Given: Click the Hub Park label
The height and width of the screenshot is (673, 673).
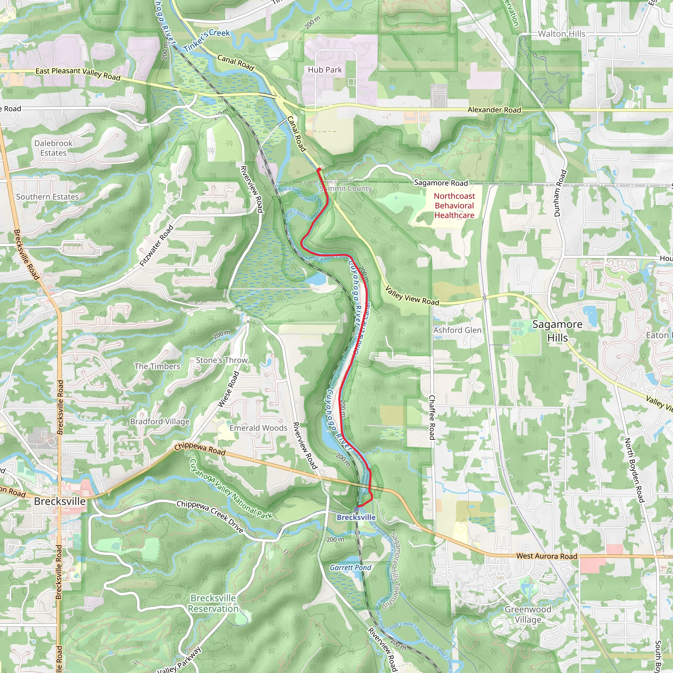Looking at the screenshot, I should [325, 70].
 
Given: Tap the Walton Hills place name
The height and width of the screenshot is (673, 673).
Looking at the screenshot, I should [562, 34].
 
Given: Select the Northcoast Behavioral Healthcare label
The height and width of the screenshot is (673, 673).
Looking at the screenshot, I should [454, 205].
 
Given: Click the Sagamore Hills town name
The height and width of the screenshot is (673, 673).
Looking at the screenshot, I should [557, 331].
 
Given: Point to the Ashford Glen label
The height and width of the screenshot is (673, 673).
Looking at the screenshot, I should [457, 330].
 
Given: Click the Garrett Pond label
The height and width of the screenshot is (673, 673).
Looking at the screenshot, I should [350, 568].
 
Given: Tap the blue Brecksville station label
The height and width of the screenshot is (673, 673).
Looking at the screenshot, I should [356, 517].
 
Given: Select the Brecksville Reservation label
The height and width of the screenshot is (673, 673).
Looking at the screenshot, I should [213, 603].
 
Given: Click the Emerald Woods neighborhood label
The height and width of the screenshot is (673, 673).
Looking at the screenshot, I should [258, 428].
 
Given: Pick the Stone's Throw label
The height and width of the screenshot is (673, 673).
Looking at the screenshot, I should [221, 360].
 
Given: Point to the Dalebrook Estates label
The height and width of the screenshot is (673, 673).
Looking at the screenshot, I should [53, 148].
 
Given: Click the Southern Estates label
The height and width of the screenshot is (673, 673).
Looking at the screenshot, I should [47, 197].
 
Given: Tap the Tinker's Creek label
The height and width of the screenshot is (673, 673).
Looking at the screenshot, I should [207, 40].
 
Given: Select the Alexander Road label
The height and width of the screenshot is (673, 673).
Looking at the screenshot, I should [494, 110].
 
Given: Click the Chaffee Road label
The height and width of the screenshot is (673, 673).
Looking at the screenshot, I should [432, 417].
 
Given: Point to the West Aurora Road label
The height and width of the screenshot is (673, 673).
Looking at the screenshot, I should [546, 556].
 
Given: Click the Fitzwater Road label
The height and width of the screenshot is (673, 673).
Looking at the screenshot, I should [157, 245].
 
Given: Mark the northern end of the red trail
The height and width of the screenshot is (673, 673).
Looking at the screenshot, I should [318, 169].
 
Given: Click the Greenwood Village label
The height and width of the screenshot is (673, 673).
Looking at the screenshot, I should [528, 615].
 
